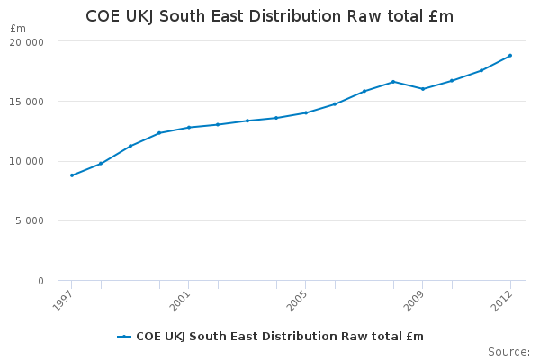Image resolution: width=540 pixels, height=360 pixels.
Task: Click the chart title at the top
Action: click(x=269, y=16)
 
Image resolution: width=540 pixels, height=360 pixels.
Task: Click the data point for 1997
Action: click(x=72, y=175)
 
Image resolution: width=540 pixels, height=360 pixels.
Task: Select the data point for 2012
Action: click(x=510, y=56)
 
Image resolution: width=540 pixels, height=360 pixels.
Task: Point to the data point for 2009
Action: click(x=423, y=89)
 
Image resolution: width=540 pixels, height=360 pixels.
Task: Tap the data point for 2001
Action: click(x=189, y=128)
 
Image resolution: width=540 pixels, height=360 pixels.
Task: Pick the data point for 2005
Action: click(x=306, y=113)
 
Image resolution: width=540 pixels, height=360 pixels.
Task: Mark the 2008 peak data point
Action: click(x=393, y=82)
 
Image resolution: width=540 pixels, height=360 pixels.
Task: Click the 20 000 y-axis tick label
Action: click(x=27, y=42)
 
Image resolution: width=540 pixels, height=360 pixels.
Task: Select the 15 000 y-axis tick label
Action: click(x=27, y=102)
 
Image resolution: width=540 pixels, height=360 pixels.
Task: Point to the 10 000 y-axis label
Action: click(x=27, y=161)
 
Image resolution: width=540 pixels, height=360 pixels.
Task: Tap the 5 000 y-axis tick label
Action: click(x=30, y=220)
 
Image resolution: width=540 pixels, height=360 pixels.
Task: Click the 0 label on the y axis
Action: click(x=41, y=281)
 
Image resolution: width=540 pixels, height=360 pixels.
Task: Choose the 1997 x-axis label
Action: click(x=63, y=301)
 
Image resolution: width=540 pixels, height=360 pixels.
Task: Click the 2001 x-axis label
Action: click(x=181, y=301)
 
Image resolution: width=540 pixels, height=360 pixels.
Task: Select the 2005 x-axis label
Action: click(x=297, y=301)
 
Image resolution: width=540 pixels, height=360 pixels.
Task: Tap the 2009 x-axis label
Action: click(x=414, y=301)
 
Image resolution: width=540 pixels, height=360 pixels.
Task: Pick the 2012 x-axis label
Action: click(x=502, y=301)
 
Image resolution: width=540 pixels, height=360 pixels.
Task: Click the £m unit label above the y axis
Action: click(x=18, y=29)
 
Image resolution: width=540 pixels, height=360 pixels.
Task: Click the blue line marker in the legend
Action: click(x=124, y=337)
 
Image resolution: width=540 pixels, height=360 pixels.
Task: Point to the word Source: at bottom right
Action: click(x=509, y=352)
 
